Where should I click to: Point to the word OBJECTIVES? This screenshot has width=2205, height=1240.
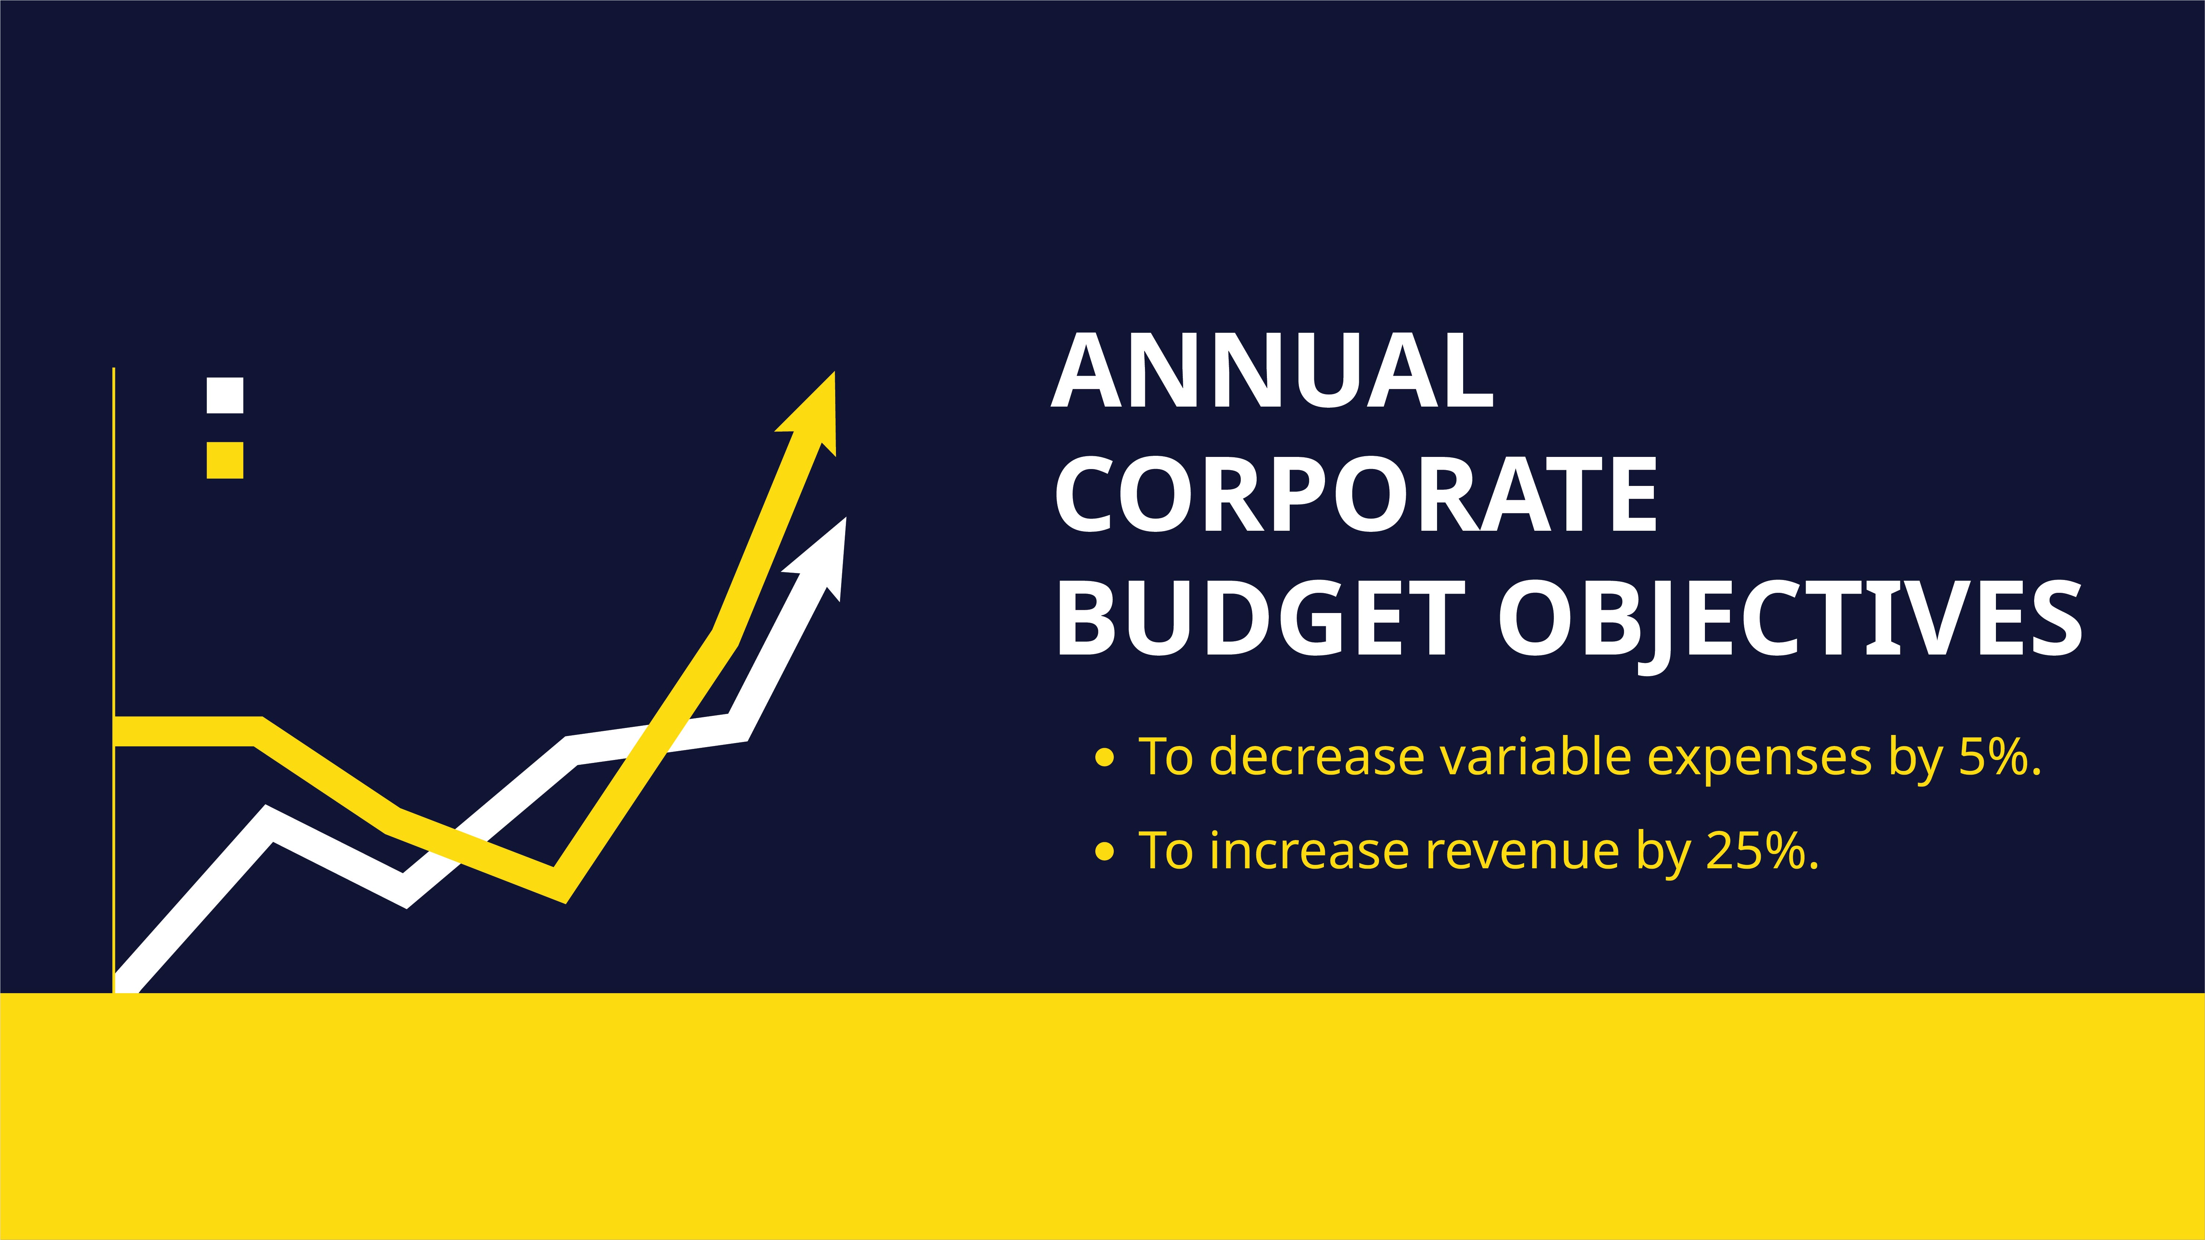1789,618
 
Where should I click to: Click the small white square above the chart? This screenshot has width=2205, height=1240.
225,395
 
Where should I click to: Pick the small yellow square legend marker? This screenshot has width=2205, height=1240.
225,460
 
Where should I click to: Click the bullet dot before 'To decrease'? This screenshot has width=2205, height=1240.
1104,757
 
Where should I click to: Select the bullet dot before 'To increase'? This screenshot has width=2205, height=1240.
1104,851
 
